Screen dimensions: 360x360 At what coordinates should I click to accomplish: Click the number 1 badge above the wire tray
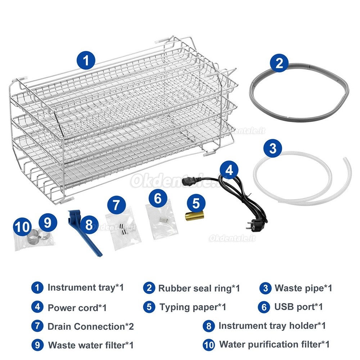click(x=85, y=60)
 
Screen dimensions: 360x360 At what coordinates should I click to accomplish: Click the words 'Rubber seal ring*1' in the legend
click(x=199, y=288)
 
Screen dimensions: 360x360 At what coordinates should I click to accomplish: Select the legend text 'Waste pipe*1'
click(x=303, y=288)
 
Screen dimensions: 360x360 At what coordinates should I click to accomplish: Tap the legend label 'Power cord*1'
click(x=77, y=307)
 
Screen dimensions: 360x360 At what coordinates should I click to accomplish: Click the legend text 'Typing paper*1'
click(x=193, y=307)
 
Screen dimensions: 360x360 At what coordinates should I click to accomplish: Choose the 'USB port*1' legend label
click(x=298, y=307)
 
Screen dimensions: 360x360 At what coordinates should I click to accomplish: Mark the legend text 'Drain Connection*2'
click(x=91, y=327)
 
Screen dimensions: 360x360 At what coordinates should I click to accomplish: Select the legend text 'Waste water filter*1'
click(x=91, y=345)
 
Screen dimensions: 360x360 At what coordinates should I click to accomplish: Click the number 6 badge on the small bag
click(x=158, y=198)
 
